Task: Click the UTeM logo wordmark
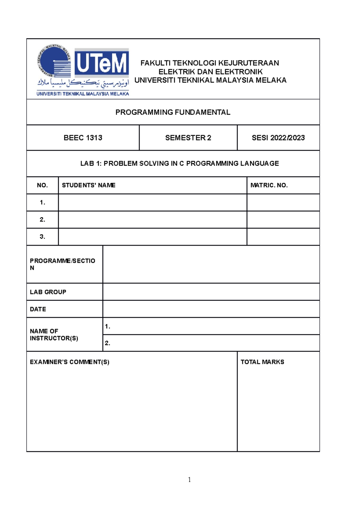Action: [102, 63]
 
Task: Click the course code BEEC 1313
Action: [83, 138]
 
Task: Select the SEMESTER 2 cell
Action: [188, 138]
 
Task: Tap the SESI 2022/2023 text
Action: [278, 138]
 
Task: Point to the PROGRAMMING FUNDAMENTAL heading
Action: [173, 112]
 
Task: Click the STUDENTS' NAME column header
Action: [89, 185]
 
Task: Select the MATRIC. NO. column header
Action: [269, 185]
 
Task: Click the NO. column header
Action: [42, 185]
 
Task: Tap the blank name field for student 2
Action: [152, 219]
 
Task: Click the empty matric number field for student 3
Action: [283, 237]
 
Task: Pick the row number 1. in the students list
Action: [42, 203]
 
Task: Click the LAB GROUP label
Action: [48, 292]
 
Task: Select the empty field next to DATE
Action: [211, 309]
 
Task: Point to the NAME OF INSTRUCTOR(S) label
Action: [54, 335]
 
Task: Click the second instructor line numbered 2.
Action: [211, 343]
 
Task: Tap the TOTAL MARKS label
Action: [262, 362]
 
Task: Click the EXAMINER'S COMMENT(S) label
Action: [70, 362]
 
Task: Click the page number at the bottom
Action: [189, 479]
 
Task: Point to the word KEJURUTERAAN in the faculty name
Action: [249, 63]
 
